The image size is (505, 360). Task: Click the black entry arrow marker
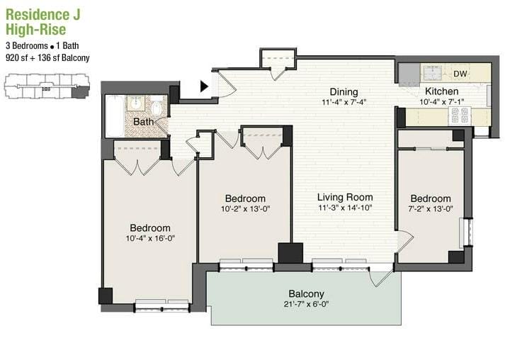pyautogui.click(x=204, y=86)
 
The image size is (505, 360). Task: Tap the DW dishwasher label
pyautogui.click(x=460, y=74)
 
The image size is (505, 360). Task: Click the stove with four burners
pyautogui.click(x=460, y=116)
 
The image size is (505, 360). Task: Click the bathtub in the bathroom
pyautogui.click(x=115, y=116)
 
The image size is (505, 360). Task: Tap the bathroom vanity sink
pyautogui.click(x=137, y=103)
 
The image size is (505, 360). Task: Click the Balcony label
pyautogui.click(x=306, y=293)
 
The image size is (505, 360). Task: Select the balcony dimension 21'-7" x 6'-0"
pyautogui.click(x=306, y=304)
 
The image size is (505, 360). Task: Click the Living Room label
pyautogui.click(x=345, y=197)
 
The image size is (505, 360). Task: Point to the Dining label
pyautogui.click(x=344, y=92)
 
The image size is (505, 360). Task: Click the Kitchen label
pyautogui.click(x=441, y=91)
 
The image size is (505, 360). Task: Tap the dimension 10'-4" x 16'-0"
pyautogui.click(x=150, y=239)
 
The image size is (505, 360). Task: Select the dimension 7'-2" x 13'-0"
pyautogui.click(x=431, y=209)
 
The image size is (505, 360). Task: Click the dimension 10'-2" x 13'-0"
pyautogui.click(x=245, y=209)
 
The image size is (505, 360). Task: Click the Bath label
pyautogui.click(x=143, y=122)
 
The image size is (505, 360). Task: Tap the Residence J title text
pyautogui.click(x=43, y=15)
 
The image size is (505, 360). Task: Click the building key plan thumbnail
pyautogui.click(x=47, y=86)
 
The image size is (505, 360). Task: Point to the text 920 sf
pyautogui.click(x=17, y=58)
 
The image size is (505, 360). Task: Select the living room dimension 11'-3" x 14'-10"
pyautogui.click(x=345, y=208)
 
